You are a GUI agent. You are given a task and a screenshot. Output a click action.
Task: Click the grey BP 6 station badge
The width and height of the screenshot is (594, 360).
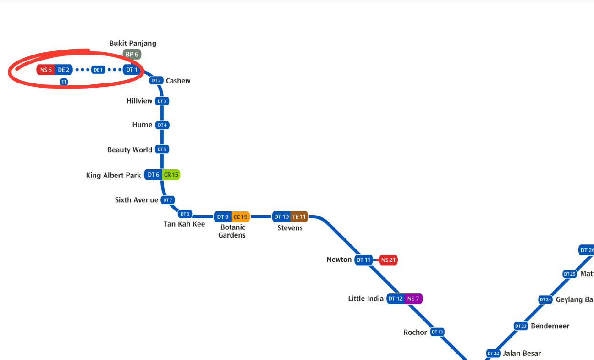tap(132, 54)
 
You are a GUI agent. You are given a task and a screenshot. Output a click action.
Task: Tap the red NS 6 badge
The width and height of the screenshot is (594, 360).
tap(46, 70)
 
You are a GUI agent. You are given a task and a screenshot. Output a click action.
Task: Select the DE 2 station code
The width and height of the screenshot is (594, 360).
tap(64, 70)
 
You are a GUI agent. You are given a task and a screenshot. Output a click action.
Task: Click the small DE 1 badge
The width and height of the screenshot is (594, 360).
tap(98, 70)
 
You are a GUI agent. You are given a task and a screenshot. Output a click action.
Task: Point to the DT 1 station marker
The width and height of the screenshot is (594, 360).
tap(132, 70)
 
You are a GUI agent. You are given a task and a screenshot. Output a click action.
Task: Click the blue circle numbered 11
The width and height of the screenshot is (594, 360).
tap(64, 82)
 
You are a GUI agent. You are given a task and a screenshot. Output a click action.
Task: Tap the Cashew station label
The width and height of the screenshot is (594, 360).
tap(178, 81)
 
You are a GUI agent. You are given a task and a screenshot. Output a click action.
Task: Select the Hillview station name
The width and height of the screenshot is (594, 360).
tap(139, 101)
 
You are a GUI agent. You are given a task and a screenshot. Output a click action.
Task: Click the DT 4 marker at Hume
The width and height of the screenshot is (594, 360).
tap(162, 125)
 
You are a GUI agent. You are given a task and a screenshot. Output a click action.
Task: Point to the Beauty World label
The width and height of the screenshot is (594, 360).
tap(130, 150)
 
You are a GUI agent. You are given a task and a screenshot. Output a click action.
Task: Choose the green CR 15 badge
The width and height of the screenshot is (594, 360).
tap(171, 175)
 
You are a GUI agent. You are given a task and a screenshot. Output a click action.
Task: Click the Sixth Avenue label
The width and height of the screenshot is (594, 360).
tap(137, 200)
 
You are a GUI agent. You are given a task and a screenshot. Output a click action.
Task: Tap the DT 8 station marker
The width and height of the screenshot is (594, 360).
tap(185, 214)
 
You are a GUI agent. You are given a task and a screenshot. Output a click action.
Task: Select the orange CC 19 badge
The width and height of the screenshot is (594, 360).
tap(241, 217)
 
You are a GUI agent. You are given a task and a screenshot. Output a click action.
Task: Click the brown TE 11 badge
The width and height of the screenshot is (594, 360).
tap(299, 217)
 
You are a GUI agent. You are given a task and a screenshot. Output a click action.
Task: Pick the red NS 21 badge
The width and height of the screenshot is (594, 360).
tap(388, 260)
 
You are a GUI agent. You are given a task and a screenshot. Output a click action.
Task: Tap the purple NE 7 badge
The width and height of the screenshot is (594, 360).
tap(413, 299)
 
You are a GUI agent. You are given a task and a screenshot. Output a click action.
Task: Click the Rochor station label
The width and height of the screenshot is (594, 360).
tap(415, 332)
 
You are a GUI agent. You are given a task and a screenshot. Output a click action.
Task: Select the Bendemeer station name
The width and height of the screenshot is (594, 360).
tap(550, 326)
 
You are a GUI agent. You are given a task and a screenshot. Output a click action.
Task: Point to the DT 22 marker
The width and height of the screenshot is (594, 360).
tap(493, 354)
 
